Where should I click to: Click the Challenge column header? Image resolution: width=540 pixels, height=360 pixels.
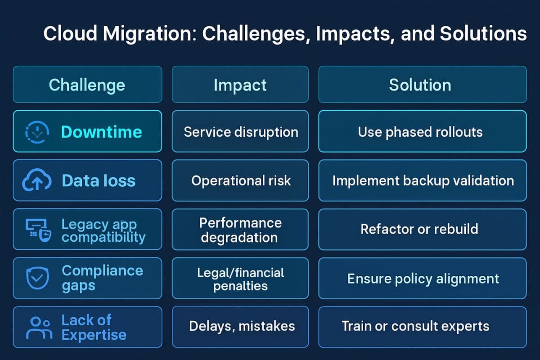click(x=87, y=85)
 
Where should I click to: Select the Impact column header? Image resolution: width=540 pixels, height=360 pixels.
click(x=240, y=85)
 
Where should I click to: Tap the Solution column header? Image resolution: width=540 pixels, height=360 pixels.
click(x=422, y=85)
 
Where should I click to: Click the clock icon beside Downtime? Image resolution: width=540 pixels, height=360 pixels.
click(x=34, y=132)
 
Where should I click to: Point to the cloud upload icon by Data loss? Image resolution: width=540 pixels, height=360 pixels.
click(x=34, y=181)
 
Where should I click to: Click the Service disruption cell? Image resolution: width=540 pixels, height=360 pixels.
click(x=240, y=132)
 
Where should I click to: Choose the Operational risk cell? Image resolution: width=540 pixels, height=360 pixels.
click(x=240, y=180)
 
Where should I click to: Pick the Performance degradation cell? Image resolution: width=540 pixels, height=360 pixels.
click(x=240, y=229)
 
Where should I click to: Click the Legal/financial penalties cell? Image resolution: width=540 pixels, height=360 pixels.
click(x=240, y=279)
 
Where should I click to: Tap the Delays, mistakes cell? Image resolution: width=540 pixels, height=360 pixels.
click(x=240, y=327)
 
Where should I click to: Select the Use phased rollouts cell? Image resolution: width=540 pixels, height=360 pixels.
click(x=422, y=132)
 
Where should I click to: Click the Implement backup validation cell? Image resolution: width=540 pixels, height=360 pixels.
click(x=422, y=180)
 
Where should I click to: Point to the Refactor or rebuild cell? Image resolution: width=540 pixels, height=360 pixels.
click(x=422, y=229)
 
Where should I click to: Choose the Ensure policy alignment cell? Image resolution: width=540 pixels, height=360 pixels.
click(x=422, y=278)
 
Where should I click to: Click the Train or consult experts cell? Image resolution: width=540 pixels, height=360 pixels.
click(x=422, y=326)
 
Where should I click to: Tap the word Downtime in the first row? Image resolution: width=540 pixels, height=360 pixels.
click(x=101, y=132)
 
